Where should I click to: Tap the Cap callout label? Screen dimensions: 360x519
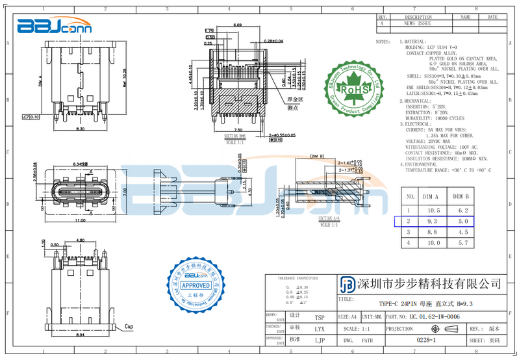click(x=129, y=326)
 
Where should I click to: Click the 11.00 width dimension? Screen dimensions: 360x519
click(x=79, y=221)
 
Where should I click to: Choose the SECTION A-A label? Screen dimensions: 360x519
click(x=329, y=219)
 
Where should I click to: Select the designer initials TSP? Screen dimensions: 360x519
click(x=320, y=317)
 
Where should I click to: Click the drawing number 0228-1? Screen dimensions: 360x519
click(x=426, y=340)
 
